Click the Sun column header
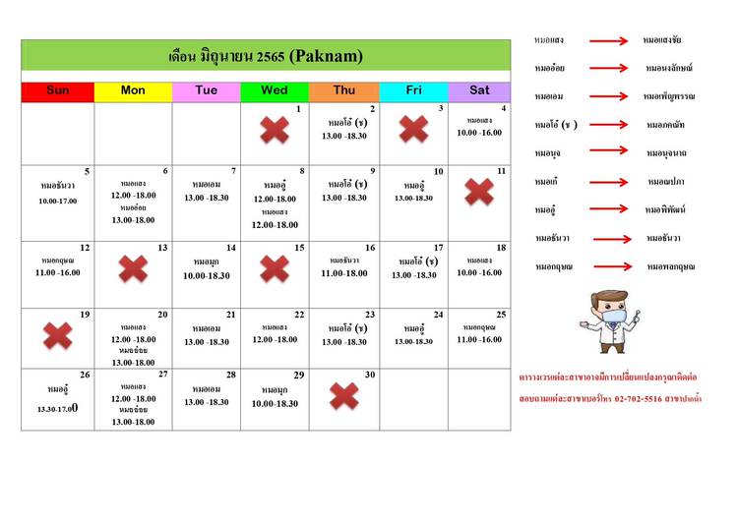(58, 90)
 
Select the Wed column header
(275, 90)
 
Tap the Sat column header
(479, 90)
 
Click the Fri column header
(413, 90)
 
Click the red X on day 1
(275, 131)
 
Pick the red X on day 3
(413, 129)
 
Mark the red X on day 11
(479, 192)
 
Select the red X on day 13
(133, 268)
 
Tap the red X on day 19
(58, 336)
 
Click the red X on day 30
(343, 396)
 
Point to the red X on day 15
(275, 268)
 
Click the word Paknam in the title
(326, 56)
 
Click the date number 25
(501, 315)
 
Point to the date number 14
(231, 248)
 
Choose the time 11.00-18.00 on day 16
(343, 273)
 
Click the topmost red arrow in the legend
(608, 41)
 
